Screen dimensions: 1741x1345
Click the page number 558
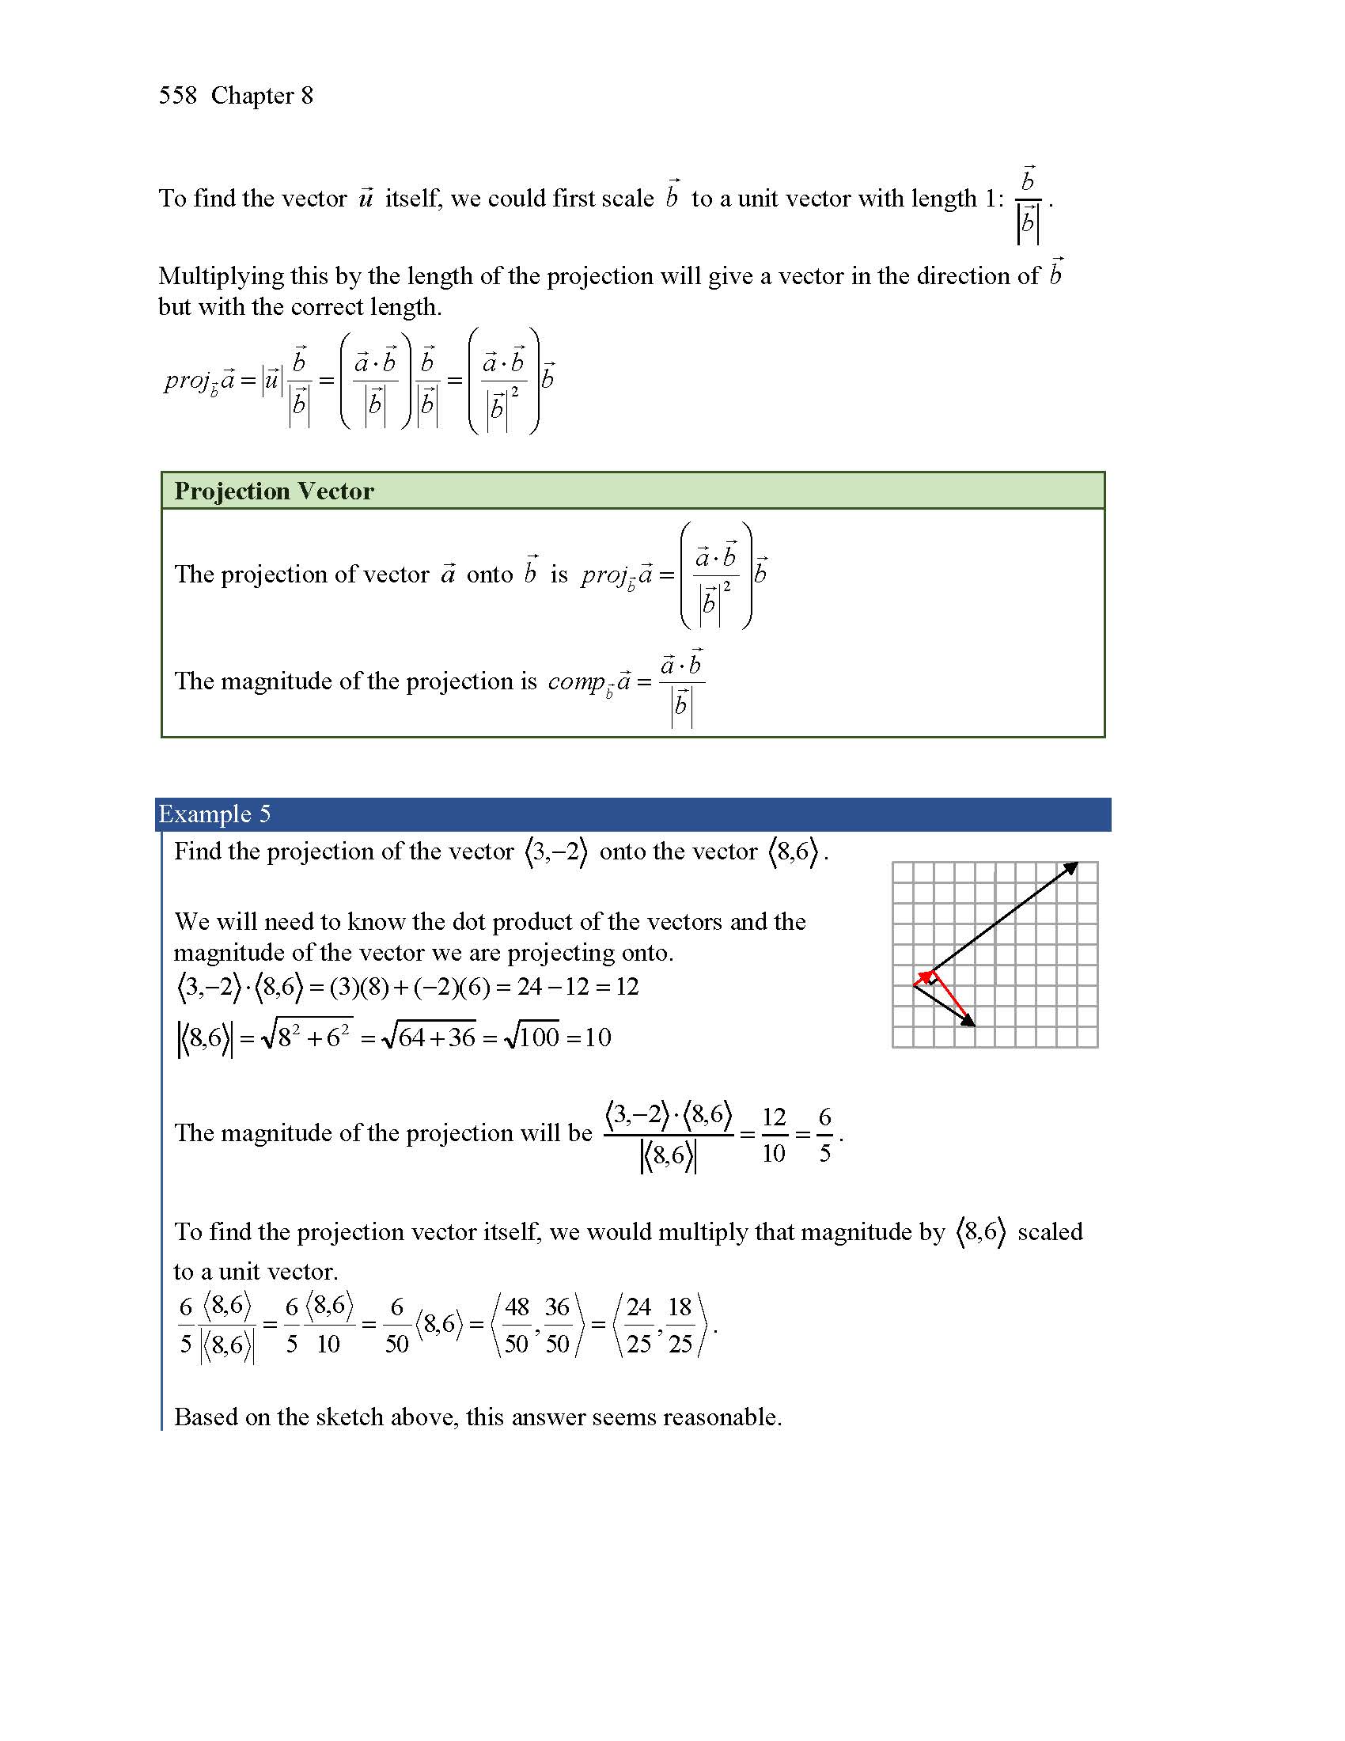[177, 96]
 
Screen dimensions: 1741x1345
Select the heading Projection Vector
[273, 491]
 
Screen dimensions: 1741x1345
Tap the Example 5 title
[214, 814]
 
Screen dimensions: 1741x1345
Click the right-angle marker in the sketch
[933, 980]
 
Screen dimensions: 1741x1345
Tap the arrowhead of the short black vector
[969, 1022]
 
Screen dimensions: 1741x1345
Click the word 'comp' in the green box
[575, 681]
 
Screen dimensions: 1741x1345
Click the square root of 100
[532, 1037]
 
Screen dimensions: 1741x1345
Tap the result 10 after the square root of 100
[597, 1037]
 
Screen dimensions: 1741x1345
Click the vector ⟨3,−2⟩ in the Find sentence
[556, 852]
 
